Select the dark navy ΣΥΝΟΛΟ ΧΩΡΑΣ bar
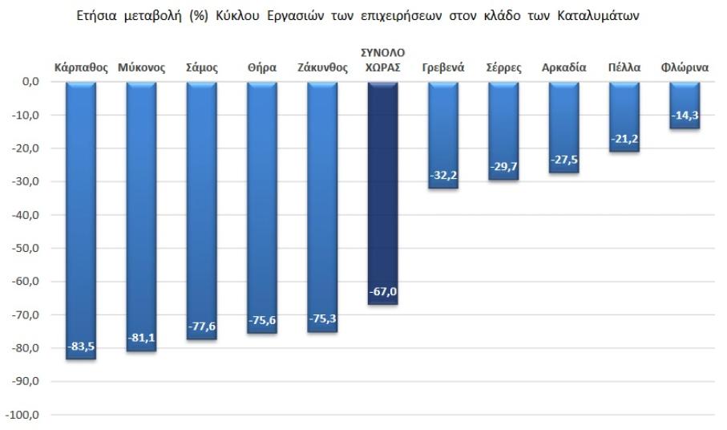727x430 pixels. (x=382, y=193)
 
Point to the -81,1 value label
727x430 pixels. (x=141, y=337)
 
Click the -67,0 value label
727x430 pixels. (x=382, y=290)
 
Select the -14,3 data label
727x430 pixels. (x=685, y=116)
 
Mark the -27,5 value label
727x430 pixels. (x=564, y=160)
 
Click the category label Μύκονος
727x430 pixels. (x=141, y=68)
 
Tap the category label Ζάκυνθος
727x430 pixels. (x=322, y=68)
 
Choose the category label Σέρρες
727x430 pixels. (x=503, y=68)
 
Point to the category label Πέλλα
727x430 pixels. (x=624, y=68)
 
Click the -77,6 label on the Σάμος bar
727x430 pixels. (x=201, y=326)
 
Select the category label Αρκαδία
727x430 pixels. (x=564, y=68)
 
